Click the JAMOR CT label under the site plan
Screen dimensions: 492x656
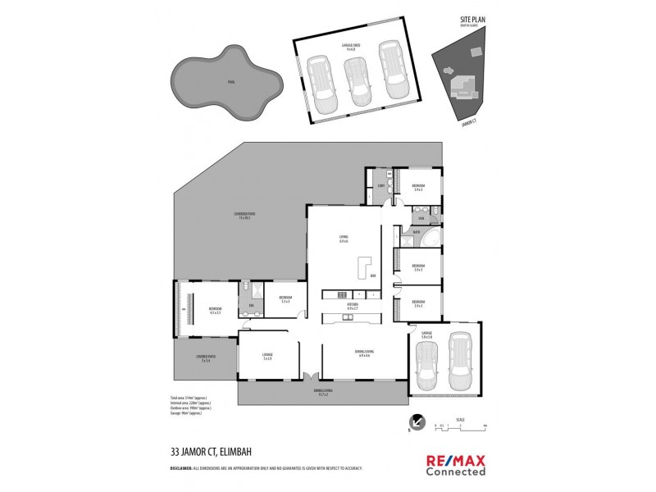(469, 121)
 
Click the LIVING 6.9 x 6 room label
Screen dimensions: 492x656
(344, 239)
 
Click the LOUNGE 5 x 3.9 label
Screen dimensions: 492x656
(267, 355)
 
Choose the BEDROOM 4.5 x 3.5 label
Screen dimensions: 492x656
(216, 310)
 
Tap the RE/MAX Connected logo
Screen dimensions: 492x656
(455, 463)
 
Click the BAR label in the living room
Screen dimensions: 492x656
(372, 276)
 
